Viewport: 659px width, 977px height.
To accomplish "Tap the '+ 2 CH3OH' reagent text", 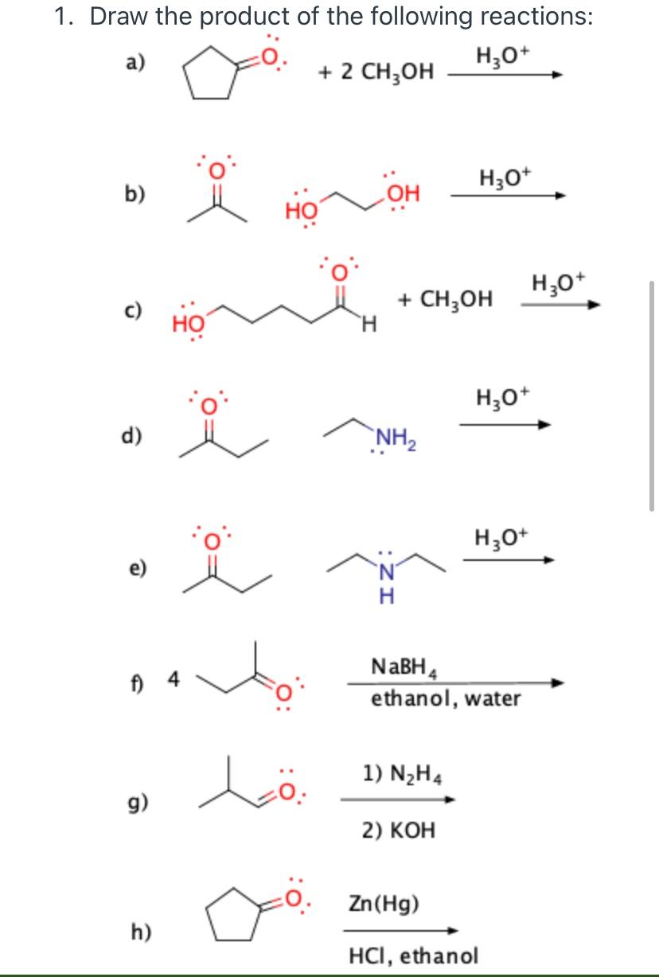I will (x=376, y=72).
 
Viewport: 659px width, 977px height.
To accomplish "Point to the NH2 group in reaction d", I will (x=392, y=437).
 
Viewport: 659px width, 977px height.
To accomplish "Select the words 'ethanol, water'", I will (x=446, y=699).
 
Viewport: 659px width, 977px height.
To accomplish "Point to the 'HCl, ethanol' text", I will (x=413, y=953).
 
